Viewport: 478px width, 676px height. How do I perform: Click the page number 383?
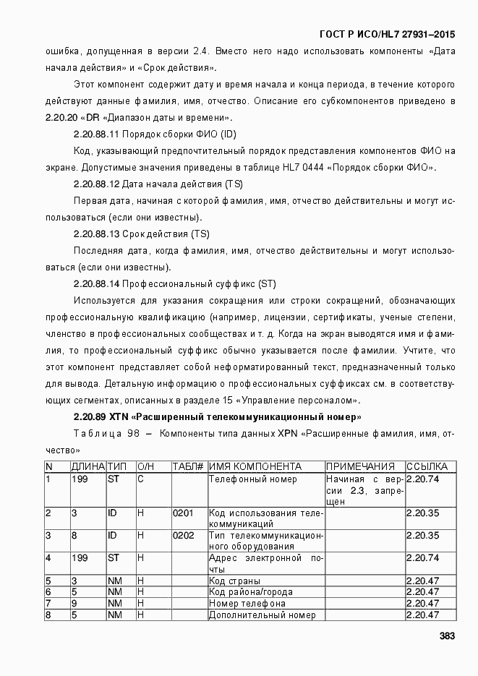pos(447,636)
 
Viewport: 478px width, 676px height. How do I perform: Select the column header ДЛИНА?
pos(88,467)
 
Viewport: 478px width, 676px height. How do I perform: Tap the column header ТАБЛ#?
pos(188,467)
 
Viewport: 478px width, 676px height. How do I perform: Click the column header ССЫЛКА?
pos(427,467)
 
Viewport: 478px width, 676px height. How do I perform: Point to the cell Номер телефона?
pos(247,603)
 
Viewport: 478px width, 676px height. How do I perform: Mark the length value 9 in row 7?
pos(74,603)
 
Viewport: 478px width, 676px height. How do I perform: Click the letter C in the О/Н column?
pos(141,479)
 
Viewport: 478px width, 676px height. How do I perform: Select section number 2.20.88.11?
pos(96,134)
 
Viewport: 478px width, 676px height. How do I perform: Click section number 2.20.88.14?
pos(96,283)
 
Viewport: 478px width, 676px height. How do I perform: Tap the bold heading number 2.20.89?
pos(90,417)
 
